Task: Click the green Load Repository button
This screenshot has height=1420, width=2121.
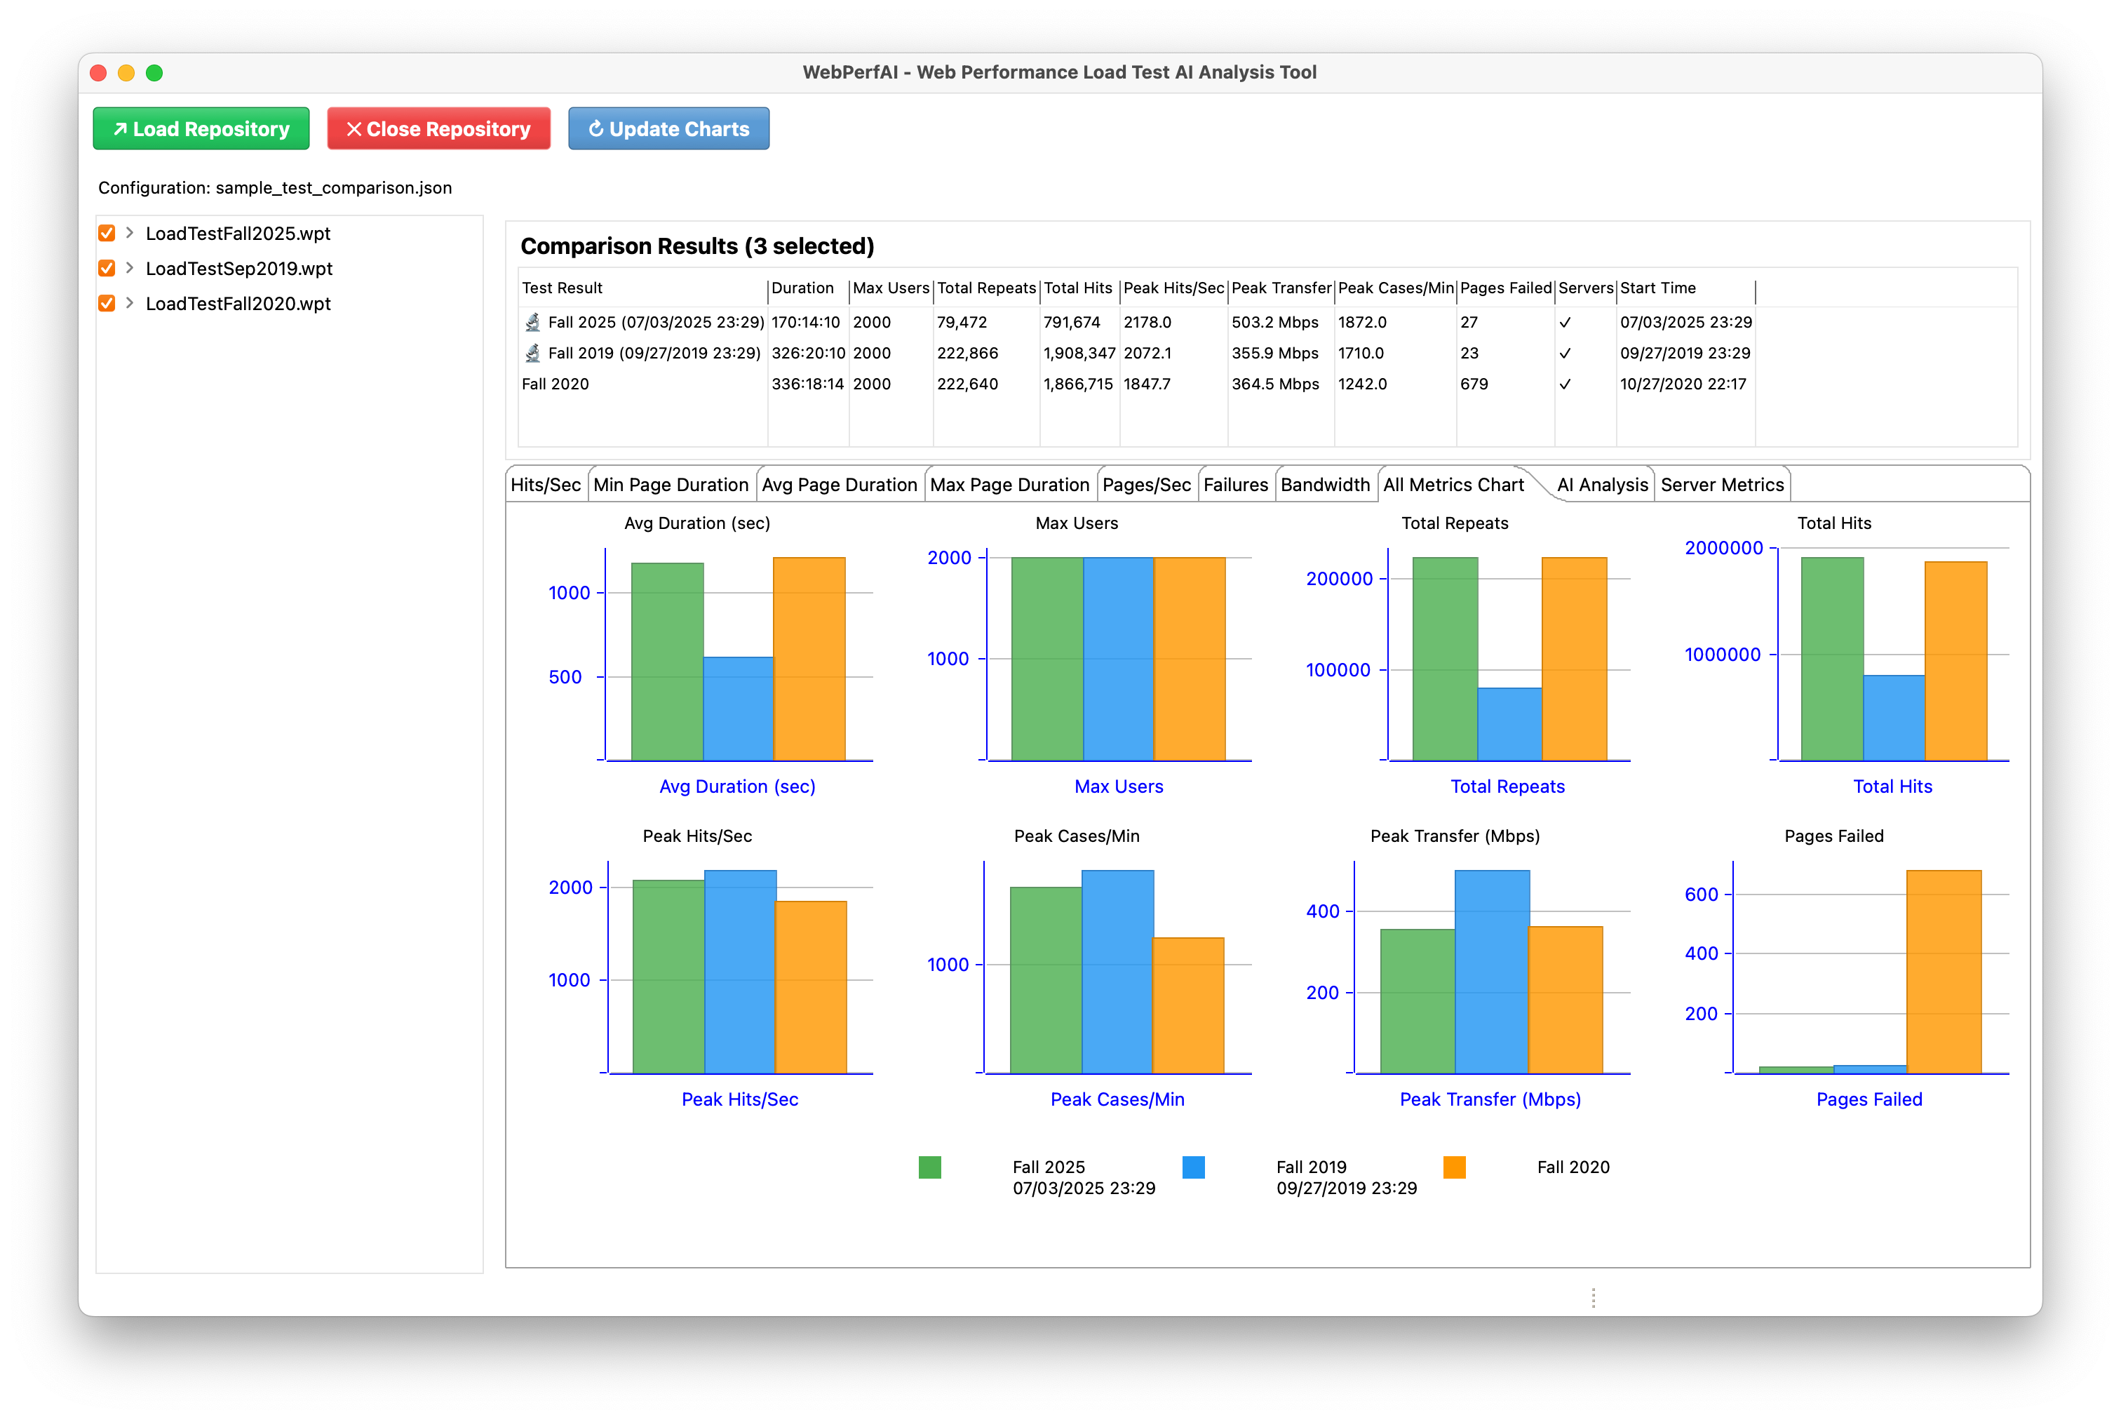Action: click(x=201, y=128)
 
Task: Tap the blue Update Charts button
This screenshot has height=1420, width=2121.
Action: click(x=668, y=128)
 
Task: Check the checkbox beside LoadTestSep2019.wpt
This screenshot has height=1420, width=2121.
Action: click(x=107, y=268)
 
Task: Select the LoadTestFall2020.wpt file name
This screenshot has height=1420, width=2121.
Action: click(x=238, y=303)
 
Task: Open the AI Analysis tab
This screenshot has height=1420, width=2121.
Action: click(x=1601, y=485)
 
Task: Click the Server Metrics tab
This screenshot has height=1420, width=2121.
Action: click(x=1721, y=485)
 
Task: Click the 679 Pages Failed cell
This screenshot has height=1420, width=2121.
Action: click(x=1474, y=384)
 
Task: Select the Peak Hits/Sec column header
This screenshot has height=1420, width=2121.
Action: click(x=1173, y=288)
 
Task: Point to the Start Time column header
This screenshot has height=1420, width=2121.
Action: click(x=1657, y=288)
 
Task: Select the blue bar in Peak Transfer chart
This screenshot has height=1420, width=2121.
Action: click(x=1492, y=972)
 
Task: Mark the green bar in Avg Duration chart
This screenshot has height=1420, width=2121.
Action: click(x=667, y=661)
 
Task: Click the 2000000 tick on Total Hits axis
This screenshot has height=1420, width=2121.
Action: click(x=1723, y=548)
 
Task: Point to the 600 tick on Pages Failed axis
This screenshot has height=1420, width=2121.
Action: click(x=1701, y=895)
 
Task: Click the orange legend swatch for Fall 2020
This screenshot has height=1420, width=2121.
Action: click(x=1454, y=1167)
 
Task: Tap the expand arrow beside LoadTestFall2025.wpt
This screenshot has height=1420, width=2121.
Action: click(x=130, y=233)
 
